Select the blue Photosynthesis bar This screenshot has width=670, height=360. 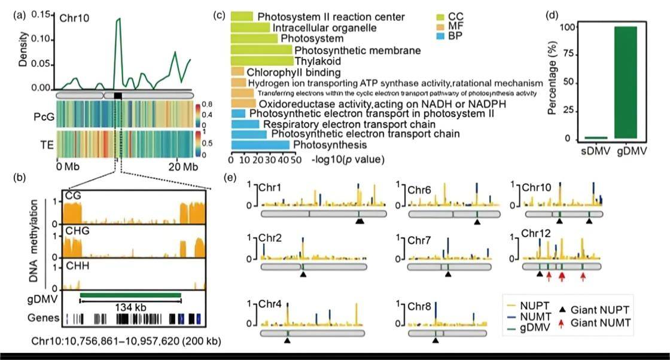[260, 145]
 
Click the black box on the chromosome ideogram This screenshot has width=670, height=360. [118, 95]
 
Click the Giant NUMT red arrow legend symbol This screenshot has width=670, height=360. [563, 324]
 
